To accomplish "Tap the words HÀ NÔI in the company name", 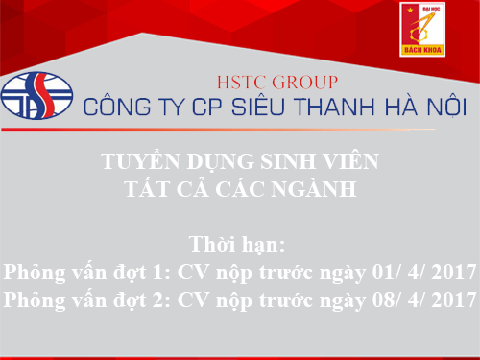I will click(x=407, y=106).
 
